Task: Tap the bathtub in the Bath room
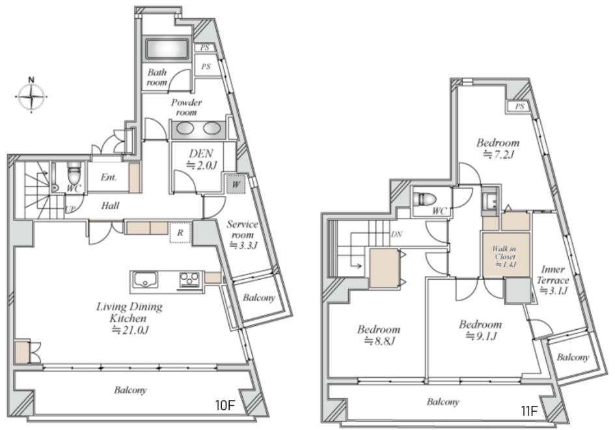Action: click(167, 49)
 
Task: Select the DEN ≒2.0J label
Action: click(201, 159)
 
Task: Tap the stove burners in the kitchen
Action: click(189, 280)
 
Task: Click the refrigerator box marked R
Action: click(180, 232)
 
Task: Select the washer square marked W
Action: click(236, 184)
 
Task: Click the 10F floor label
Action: click(225, 405)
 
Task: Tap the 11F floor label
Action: click(528, 411)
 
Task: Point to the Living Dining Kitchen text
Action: click(130, 312)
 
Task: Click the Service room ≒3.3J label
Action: click(242, 235)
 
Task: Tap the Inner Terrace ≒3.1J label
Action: click(553, 280)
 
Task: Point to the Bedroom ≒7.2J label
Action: click(498, 148)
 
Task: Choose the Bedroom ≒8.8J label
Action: click(379, 335)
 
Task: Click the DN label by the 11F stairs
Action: click(396, 234)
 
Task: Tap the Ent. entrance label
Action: click(109, 177)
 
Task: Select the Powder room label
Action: click(186, 107)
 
